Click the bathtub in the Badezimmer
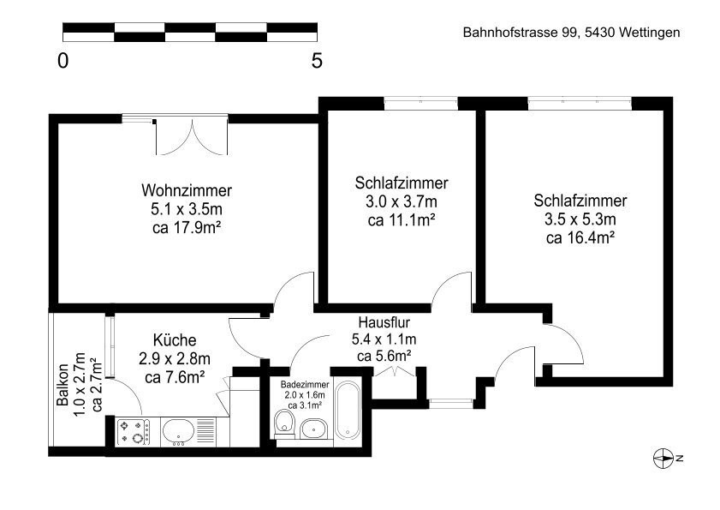(348, 410)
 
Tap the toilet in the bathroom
(285, 423)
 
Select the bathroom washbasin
(313, 429)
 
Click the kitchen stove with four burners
(134, 432)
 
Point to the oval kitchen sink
(179, 431)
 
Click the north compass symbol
(664, 458)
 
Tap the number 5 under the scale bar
(317, 60)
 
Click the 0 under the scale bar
(62, 60)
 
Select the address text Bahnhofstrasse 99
(520, 33)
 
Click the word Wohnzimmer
(187, 190)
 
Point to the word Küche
(175, 339)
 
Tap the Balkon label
(62, 385)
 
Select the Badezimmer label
(305, 385)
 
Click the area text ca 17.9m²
(187, 227)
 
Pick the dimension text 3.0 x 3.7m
(402, 201)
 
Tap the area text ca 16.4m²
(580, 237)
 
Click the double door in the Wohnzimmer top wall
(192, 136)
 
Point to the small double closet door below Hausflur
(396, 371)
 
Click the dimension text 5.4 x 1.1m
(384, 339)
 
